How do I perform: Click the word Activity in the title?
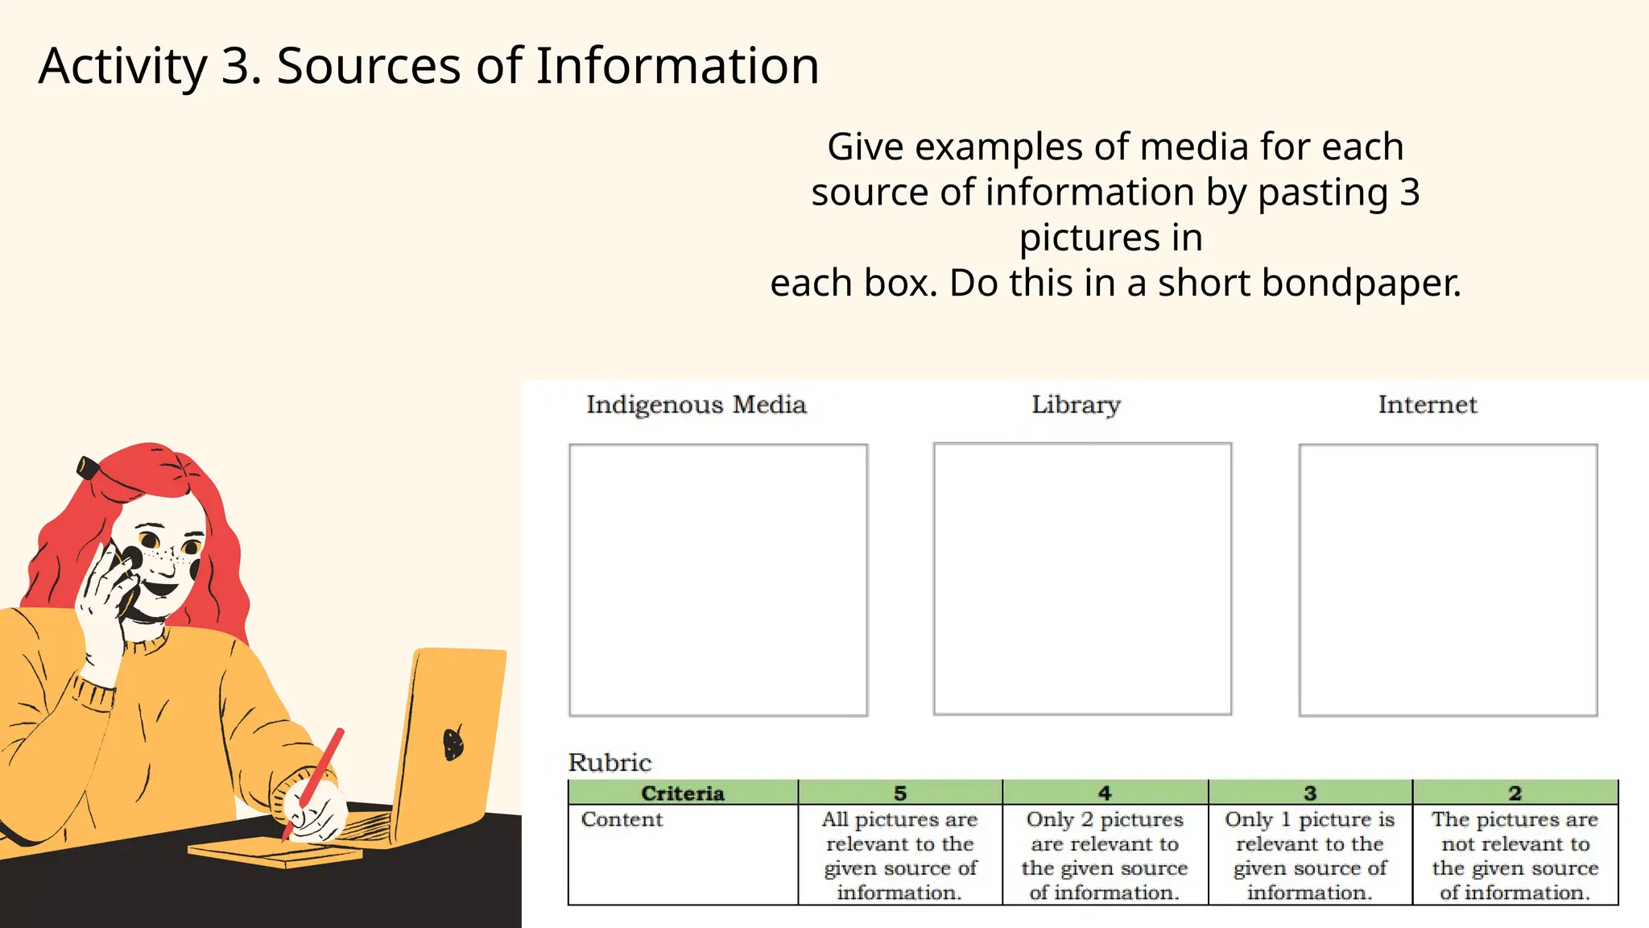pos(123,66)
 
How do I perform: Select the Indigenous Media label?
pos(696,404)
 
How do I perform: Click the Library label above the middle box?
pos(1076,404)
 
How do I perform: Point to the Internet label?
pos(1428,404)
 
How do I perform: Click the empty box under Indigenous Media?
pos(718,580)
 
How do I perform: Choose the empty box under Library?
pos(1082,578)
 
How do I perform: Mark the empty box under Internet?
pos(1448,580)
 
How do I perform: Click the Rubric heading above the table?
pos(610,762)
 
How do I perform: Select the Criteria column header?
pos(683,793)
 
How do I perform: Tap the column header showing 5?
pos(900,793)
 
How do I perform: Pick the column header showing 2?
pos(1515,793)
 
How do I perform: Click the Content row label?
pos(622,820)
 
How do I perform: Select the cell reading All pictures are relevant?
pos(900,855)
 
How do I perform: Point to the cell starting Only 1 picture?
pos(1310,855)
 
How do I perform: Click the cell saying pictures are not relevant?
pos(1515,855)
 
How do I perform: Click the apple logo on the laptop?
pos(454,742)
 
